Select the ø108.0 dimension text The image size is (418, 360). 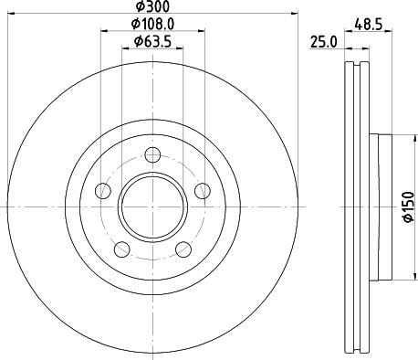tap(152, 24)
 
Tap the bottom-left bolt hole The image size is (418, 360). tap(121, 248)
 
